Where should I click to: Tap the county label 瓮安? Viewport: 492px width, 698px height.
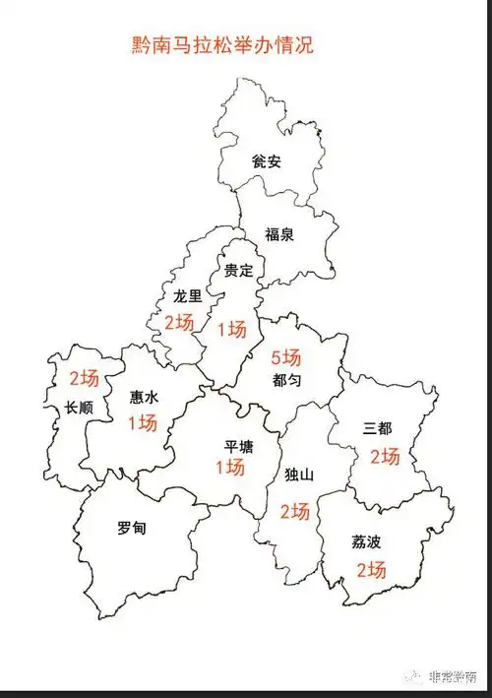click(x=267, y=160)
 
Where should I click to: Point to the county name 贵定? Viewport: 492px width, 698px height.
click(x=238, y=270)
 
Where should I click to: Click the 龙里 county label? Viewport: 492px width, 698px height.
click(x=187, y=294)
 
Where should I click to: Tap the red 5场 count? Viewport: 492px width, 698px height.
click(x=286, y=357)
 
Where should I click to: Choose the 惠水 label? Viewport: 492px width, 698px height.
click(x=144, y=398)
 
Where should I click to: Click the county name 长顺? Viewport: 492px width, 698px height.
click(x=79, y=408)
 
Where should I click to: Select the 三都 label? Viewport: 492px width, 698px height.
click(x=377, y=428)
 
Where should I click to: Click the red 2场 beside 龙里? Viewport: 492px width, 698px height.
click(x=179, y=322)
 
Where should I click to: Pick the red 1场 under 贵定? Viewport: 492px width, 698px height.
click(x=231, y=329)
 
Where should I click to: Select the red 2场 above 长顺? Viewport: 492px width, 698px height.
click(x=84, y=378)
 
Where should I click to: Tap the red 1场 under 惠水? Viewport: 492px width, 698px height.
click(x=143, y=423)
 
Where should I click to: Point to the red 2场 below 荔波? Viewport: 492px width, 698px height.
click(x=371, y=569)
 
